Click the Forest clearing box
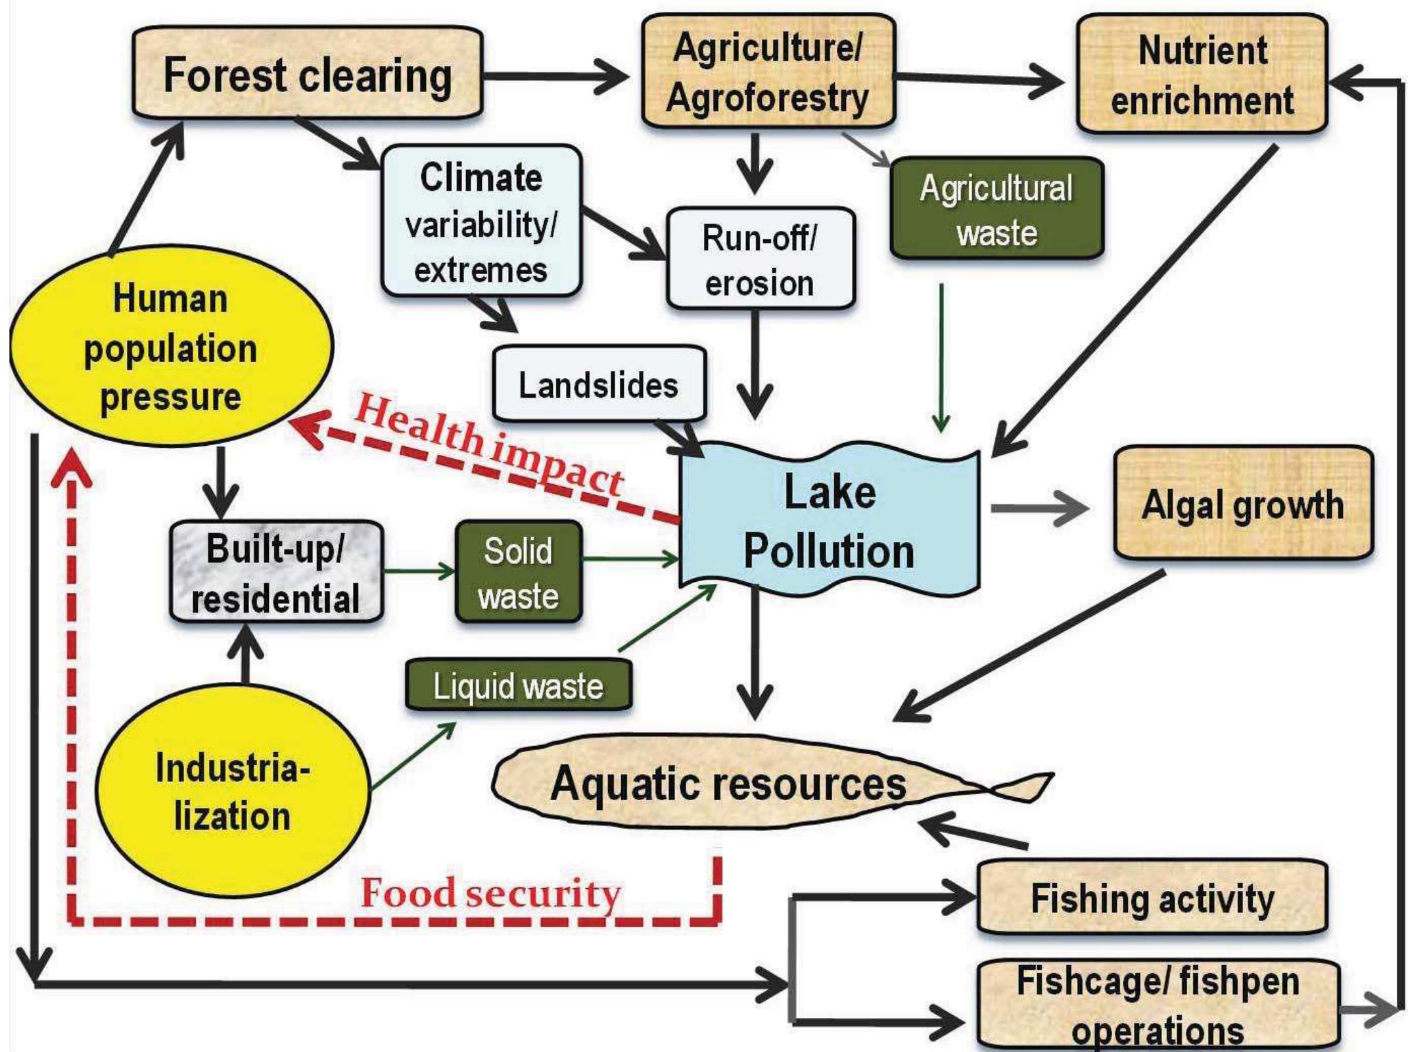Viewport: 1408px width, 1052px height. pyautogui.click(x=307, y=74)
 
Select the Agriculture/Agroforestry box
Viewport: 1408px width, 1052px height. pyautogui.click(x=768, y=72)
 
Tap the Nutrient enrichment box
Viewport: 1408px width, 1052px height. pyautogui.click(x=1202, y=75)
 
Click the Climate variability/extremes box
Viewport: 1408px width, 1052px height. pyautogui.click(x=481, y=222)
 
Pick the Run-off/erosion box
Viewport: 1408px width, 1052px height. pyautogui.click(x=760, y=259)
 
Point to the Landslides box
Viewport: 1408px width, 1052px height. pyautogui.click(x=599, y=384)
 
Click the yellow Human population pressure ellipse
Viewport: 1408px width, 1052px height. pyautogui.click(x=171, y=347)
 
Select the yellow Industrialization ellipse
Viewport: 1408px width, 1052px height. pyautogui.click(x=232, y=791)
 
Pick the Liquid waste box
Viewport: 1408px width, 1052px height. pyautogui.click(x=518, y=686)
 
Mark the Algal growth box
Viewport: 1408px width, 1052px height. pyautogui.click(x=1242, y=504)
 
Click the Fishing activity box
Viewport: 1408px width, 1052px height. pyautogui.click(x=1152, y=898)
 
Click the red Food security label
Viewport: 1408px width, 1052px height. pyautogui.click(x=490, y=894)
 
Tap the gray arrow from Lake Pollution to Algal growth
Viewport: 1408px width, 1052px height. pyautogui.click(x=1039, y=509)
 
